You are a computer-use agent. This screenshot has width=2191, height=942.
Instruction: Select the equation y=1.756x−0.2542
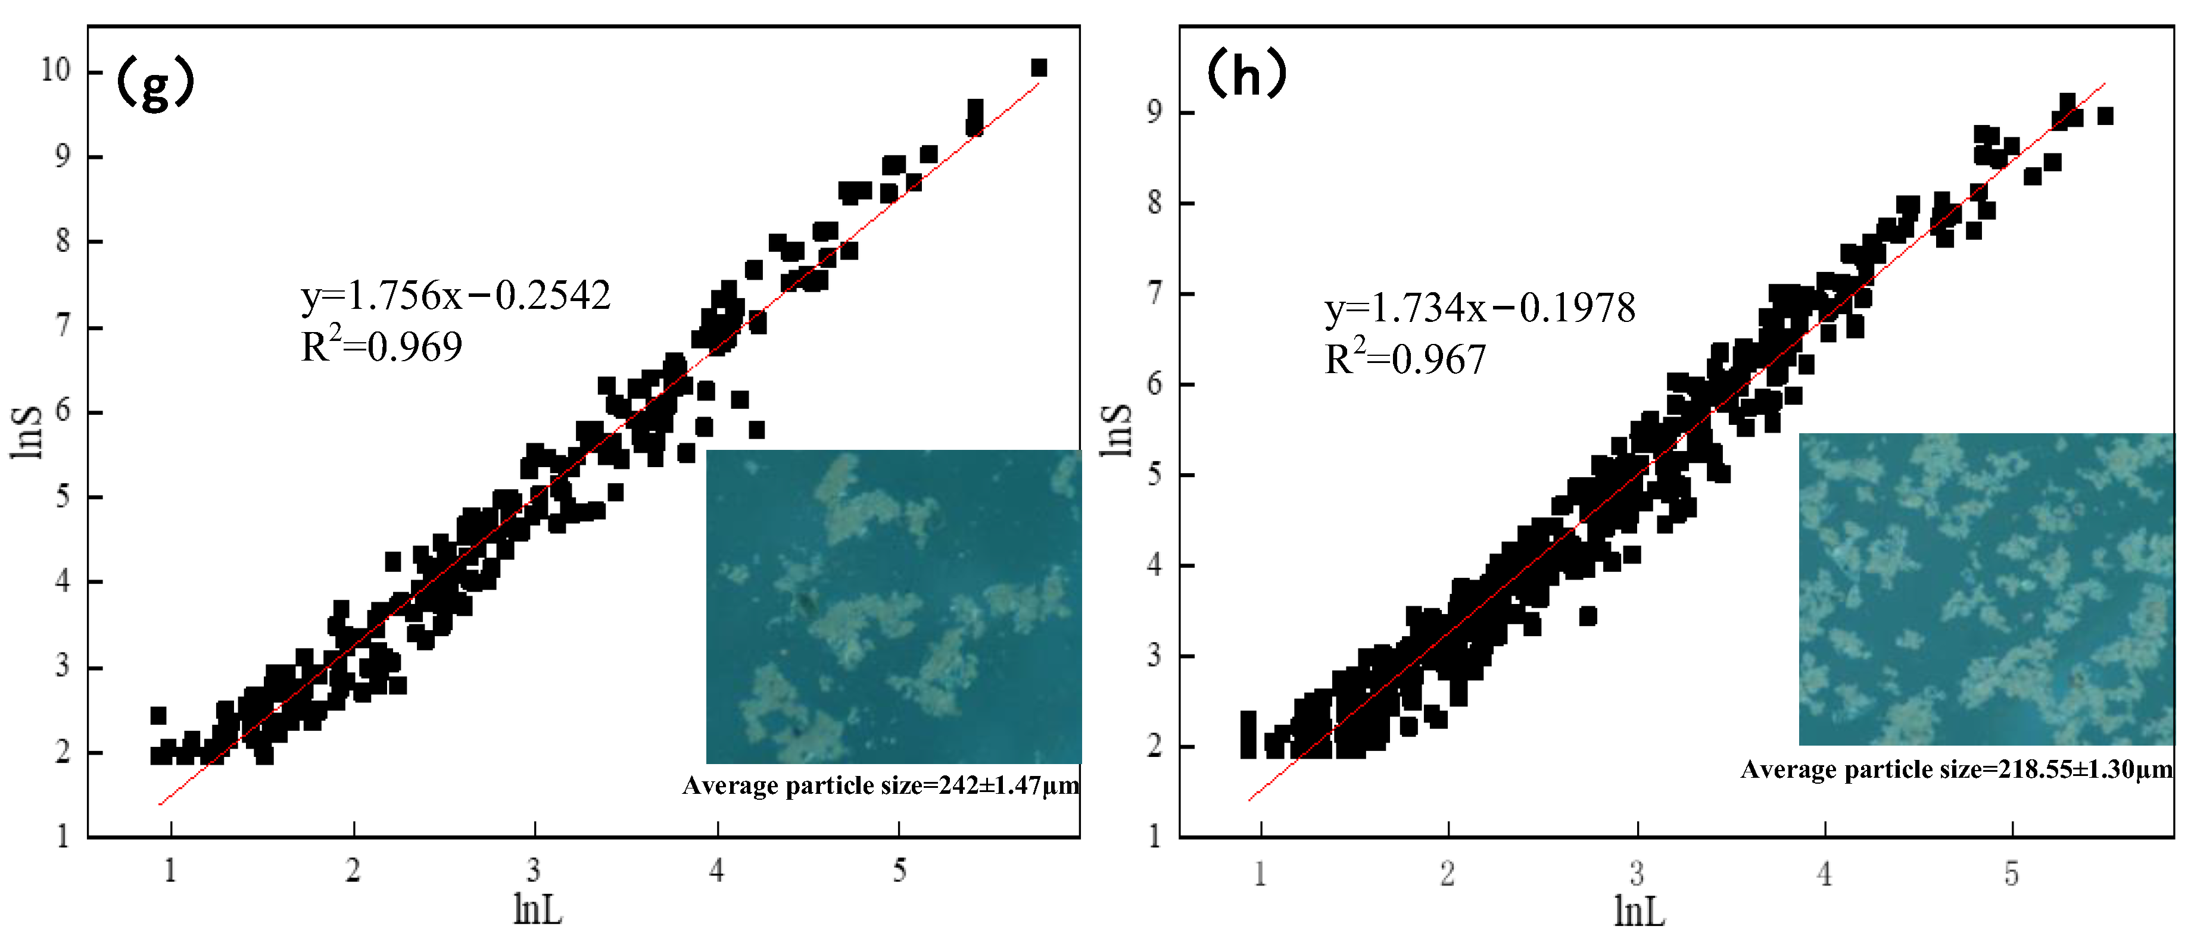(x=456, y=295)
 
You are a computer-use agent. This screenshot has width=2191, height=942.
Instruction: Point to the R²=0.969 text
(x=382, y=346)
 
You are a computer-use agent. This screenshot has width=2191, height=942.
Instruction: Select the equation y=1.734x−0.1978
(x=1480, y=308)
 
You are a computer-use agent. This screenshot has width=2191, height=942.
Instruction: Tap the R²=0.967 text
(x=1405, y=359)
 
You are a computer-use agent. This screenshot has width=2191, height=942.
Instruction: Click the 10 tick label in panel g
(x=56, y=70)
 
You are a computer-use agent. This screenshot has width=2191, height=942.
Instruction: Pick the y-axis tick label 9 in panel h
(x=1154, y=112)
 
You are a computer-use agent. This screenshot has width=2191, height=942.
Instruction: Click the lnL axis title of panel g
(x=538, y=910)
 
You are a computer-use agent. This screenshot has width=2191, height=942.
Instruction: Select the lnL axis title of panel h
(x=1638, y=912)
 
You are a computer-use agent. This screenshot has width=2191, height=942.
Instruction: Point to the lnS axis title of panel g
(x=27, y=432)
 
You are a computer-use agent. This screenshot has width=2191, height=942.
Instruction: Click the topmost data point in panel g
(x=1039, y=68)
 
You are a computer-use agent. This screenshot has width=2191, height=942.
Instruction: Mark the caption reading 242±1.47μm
(x=880, y=785)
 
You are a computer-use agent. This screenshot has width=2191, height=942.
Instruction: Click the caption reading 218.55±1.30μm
(x=1956, y=769)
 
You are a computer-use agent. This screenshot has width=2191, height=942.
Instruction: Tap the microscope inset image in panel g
(x=893, y=606)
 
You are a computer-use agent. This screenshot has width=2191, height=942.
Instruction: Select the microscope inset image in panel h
(x=1986, y=589)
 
